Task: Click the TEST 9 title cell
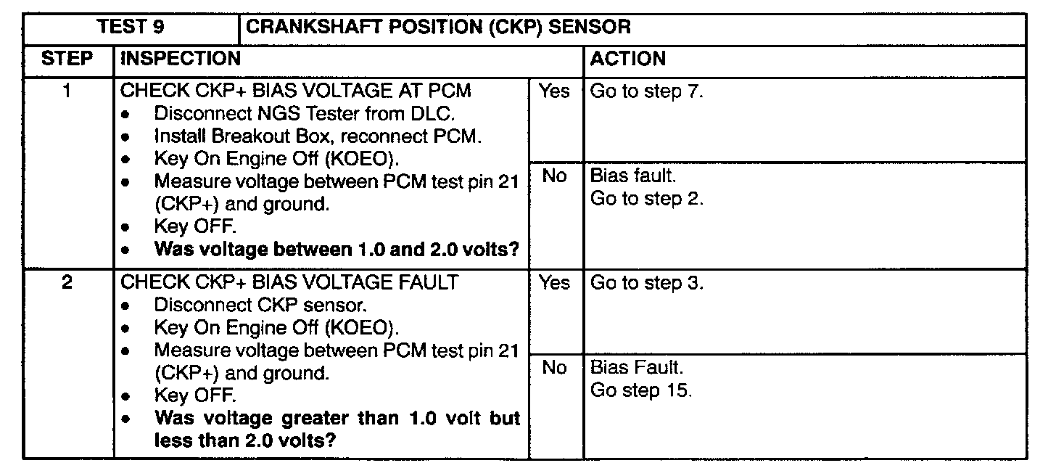131,28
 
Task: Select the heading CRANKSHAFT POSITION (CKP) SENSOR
438,28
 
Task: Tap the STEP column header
67,59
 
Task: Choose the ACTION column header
628,59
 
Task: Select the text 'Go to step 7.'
647,92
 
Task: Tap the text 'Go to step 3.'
647,283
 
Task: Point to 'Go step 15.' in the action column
641,390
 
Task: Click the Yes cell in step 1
553,92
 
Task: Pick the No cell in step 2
553,368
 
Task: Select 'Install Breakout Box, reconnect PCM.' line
318,136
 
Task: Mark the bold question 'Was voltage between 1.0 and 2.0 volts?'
337,250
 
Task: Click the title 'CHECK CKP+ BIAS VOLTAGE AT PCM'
295,92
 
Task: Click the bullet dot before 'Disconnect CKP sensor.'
127,305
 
